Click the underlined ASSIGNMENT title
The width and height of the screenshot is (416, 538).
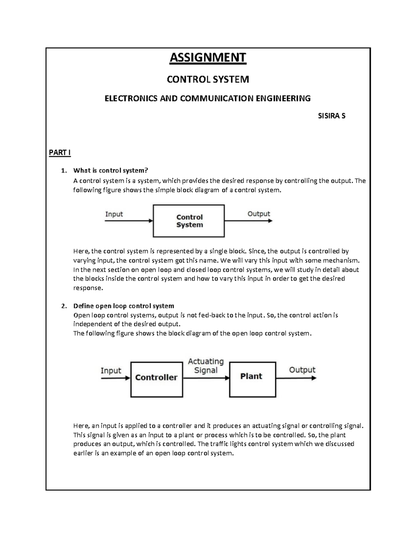click(208, 58)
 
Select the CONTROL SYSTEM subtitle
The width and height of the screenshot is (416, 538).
click(208, 80)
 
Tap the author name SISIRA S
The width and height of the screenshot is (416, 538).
click(331, 116)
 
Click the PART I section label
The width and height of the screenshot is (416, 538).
click(60, 153)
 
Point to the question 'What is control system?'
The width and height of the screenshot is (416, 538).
click(111, 170)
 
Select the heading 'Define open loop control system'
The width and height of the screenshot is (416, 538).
click(123, 306)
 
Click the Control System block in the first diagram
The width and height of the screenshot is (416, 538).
click(189, 221)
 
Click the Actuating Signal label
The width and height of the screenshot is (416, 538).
click(206, 366)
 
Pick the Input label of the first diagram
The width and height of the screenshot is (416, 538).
click(114, 214)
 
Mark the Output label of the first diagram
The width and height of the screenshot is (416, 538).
click(259, 214)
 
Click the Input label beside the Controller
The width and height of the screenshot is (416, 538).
click(111, 371)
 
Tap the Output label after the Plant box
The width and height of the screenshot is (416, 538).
click(302, 370)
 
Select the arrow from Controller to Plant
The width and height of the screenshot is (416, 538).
click(206, 378)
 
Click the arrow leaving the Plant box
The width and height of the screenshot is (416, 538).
click(296, 378)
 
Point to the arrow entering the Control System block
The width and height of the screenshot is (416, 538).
click(129, 221)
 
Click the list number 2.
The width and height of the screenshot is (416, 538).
click(63, 306)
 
